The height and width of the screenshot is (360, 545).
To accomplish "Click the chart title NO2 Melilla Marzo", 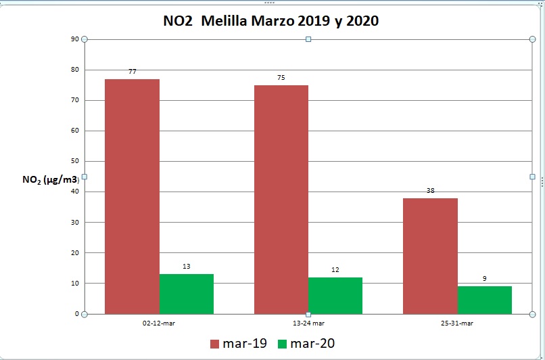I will [271, 21].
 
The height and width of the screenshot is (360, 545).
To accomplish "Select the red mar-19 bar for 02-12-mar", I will [132, 196].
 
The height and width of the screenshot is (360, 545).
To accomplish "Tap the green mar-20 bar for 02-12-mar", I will [187, 294].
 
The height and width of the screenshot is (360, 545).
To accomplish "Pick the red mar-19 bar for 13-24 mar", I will [281, 199].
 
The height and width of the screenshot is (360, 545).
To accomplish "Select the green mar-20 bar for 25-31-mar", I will [484, 300].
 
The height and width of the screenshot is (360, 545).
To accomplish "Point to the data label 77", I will [132, 71].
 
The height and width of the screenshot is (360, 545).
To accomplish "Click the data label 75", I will [281, 78].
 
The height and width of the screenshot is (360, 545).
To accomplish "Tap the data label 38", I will [430, 191].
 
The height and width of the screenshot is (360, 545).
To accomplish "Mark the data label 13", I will [187, 267].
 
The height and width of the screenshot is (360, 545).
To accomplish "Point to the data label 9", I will [484, 278].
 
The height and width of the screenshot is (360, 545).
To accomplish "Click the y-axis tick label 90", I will [74, 39].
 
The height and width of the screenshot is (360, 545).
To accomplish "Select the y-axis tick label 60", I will [74, 131].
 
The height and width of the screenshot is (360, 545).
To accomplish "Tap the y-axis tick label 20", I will [74, 253].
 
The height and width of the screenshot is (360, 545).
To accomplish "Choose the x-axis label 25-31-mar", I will [457, 323].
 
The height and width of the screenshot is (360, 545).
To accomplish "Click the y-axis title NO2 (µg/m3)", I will [51, 179].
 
